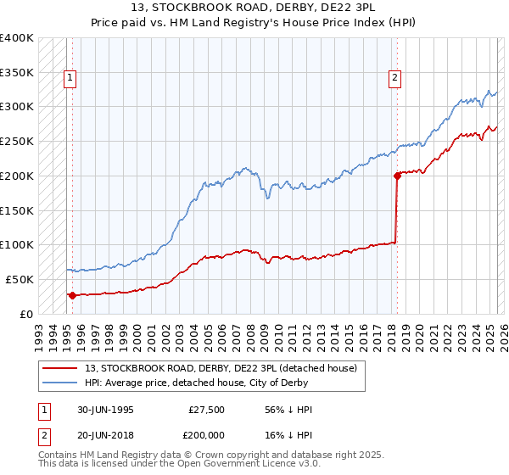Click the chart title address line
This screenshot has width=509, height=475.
(255, 8)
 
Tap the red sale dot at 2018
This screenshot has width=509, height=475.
(396, 176)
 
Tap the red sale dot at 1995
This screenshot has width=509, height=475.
(72, 295)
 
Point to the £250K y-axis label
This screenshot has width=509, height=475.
(17, 141)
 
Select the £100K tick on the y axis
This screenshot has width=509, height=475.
(17, 244)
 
